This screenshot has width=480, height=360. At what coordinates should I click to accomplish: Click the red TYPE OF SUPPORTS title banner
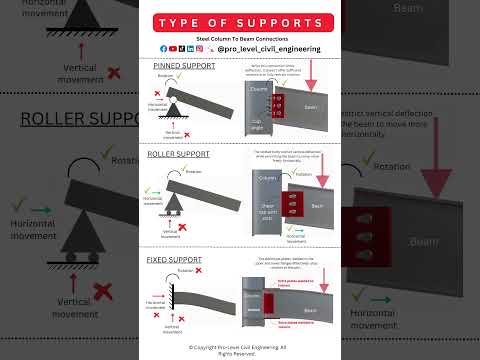(x=240, y=22)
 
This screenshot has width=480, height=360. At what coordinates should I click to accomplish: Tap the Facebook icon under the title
(x=163, y=48)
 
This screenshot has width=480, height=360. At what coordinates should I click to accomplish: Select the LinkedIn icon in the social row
(x=190, y=48)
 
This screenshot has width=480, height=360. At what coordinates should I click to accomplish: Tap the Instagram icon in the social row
(x=199, y=48)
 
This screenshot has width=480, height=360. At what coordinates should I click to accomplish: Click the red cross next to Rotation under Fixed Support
(x=198, y=273)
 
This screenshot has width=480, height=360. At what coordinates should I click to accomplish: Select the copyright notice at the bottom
(x=240, y=349)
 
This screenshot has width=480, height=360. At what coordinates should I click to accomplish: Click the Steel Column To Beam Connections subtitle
(x=240, y=38)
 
